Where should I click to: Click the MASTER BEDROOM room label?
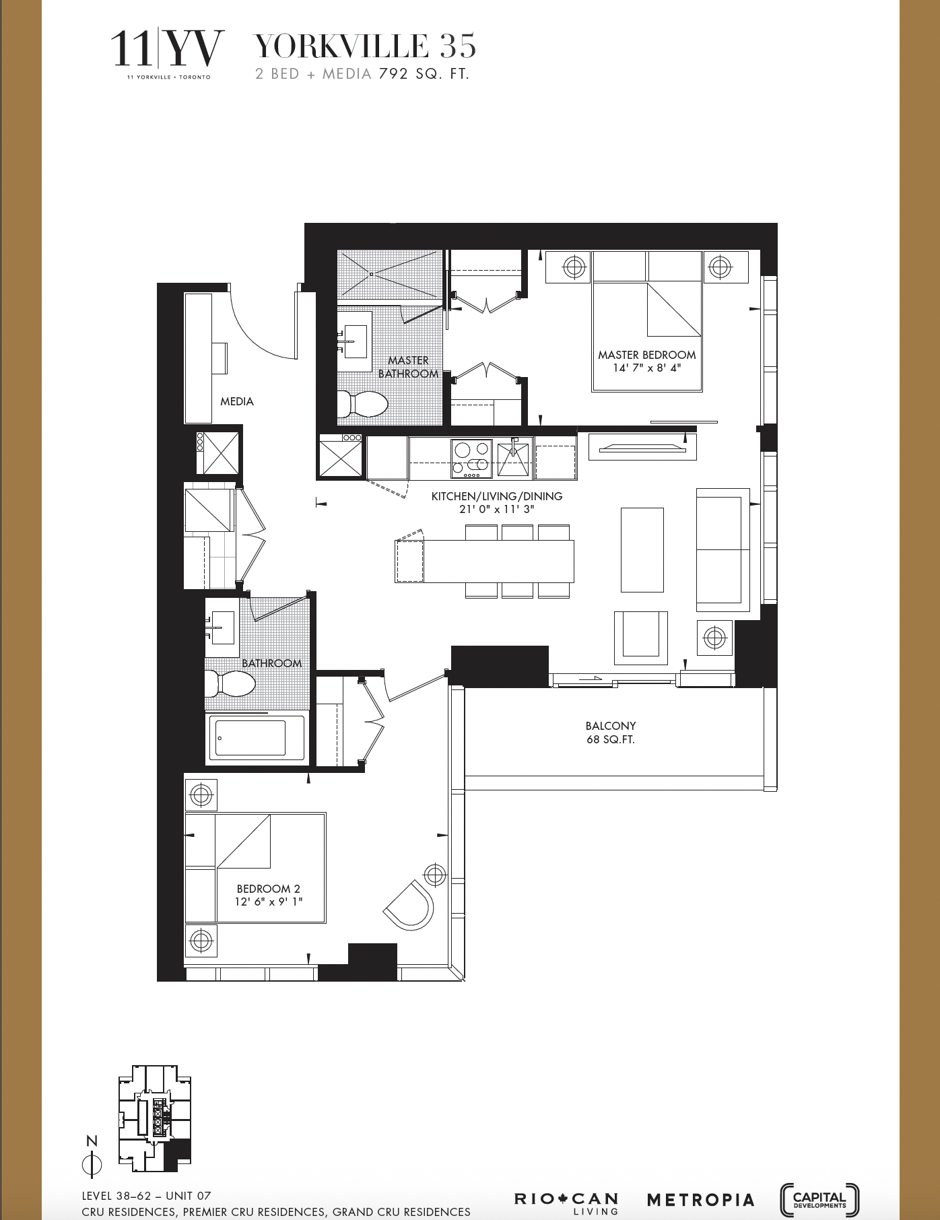coord(646,355)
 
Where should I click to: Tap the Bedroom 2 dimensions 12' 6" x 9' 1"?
coord(269,902)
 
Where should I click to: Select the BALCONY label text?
coord(610,726)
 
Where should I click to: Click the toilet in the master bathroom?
coord(363,405)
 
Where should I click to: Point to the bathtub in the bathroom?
coord(257,738)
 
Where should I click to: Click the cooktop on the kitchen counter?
coord(471,458)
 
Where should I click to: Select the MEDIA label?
coord(237,401)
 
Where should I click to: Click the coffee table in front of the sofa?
coord(642,549)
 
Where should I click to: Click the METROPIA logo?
coord(700,1199)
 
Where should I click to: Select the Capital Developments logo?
coord(819,1199)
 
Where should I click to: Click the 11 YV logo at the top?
coord(167,51)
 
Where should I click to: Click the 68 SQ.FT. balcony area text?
coord(610,740)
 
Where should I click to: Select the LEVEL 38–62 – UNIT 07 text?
coord(146,1196)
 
